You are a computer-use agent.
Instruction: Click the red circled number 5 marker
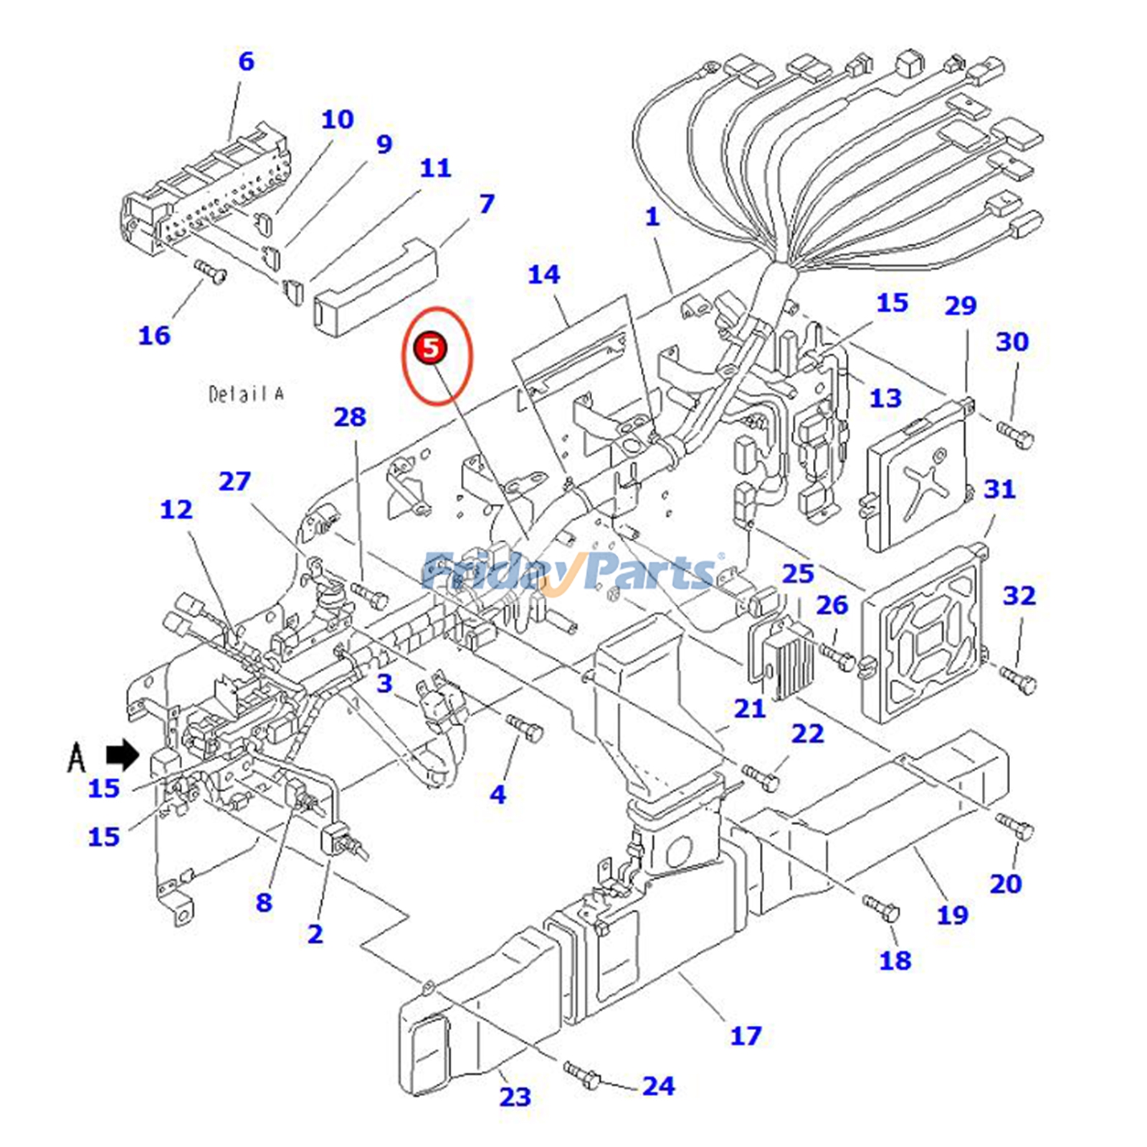[430, 348]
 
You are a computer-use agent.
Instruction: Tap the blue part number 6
[246, 62]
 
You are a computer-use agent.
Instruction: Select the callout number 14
[543, 275]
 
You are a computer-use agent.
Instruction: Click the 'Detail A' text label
[246, 394]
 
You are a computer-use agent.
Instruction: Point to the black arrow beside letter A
[123, 755]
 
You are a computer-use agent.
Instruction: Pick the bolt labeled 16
[210, 271]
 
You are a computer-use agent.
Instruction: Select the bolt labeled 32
[1018, 677]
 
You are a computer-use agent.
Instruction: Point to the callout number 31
[999, 490]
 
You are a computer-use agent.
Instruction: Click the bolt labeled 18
[881, 908]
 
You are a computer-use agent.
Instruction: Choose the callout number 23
[515, 1097]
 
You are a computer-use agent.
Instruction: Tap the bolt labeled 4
[525, 728]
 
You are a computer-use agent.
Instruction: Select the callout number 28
[350, 417]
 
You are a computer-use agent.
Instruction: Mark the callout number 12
[176, 510]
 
